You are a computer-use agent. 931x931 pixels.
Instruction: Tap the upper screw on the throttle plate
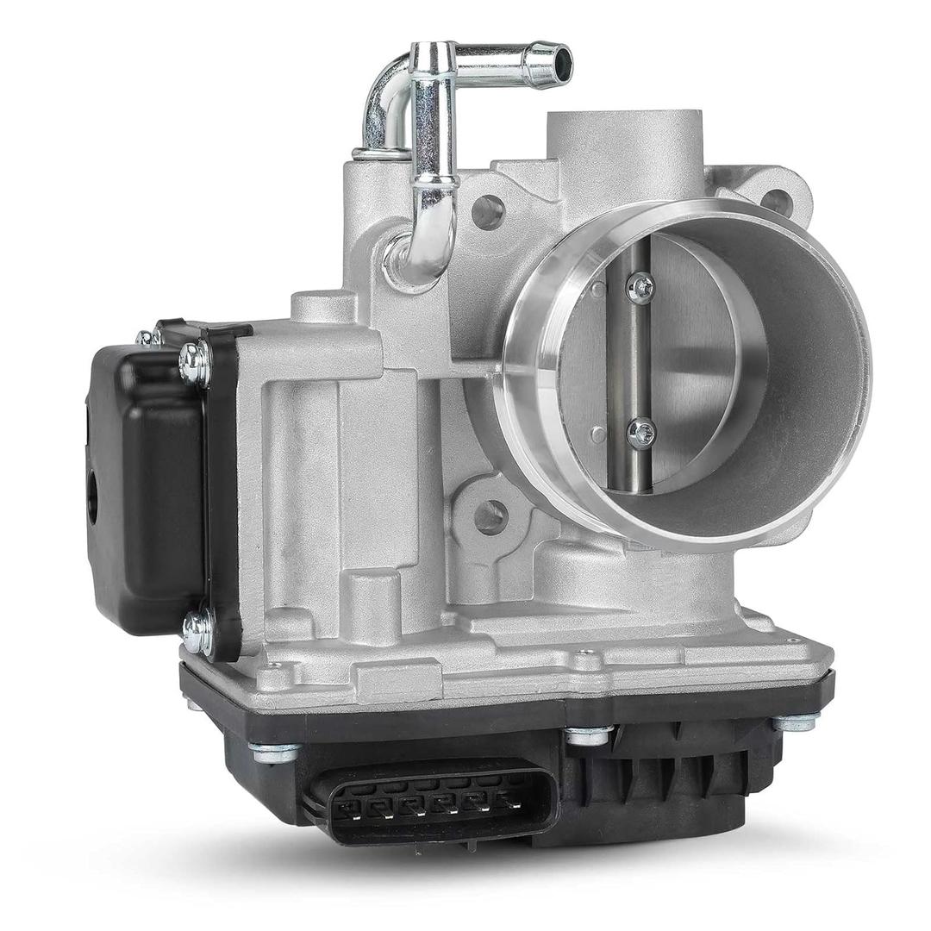640,288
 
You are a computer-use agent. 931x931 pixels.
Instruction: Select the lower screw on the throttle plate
640,434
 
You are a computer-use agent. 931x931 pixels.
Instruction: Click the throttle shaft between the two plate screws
639,362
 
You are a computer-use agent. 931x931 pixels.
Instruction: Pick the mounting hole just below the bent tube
488,211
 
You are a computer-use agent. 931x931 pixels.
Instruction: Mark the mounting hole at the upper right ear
776,202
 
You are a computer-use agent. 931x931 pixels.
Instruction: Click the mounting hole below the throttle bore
490,516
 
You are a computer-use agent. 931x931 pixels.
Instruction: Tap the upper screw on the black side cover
195,362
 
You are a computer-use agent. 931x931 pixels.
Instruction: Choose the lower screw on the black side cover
197,633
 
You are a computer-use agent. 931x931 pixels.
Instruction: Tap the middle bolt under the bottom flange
589,735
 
